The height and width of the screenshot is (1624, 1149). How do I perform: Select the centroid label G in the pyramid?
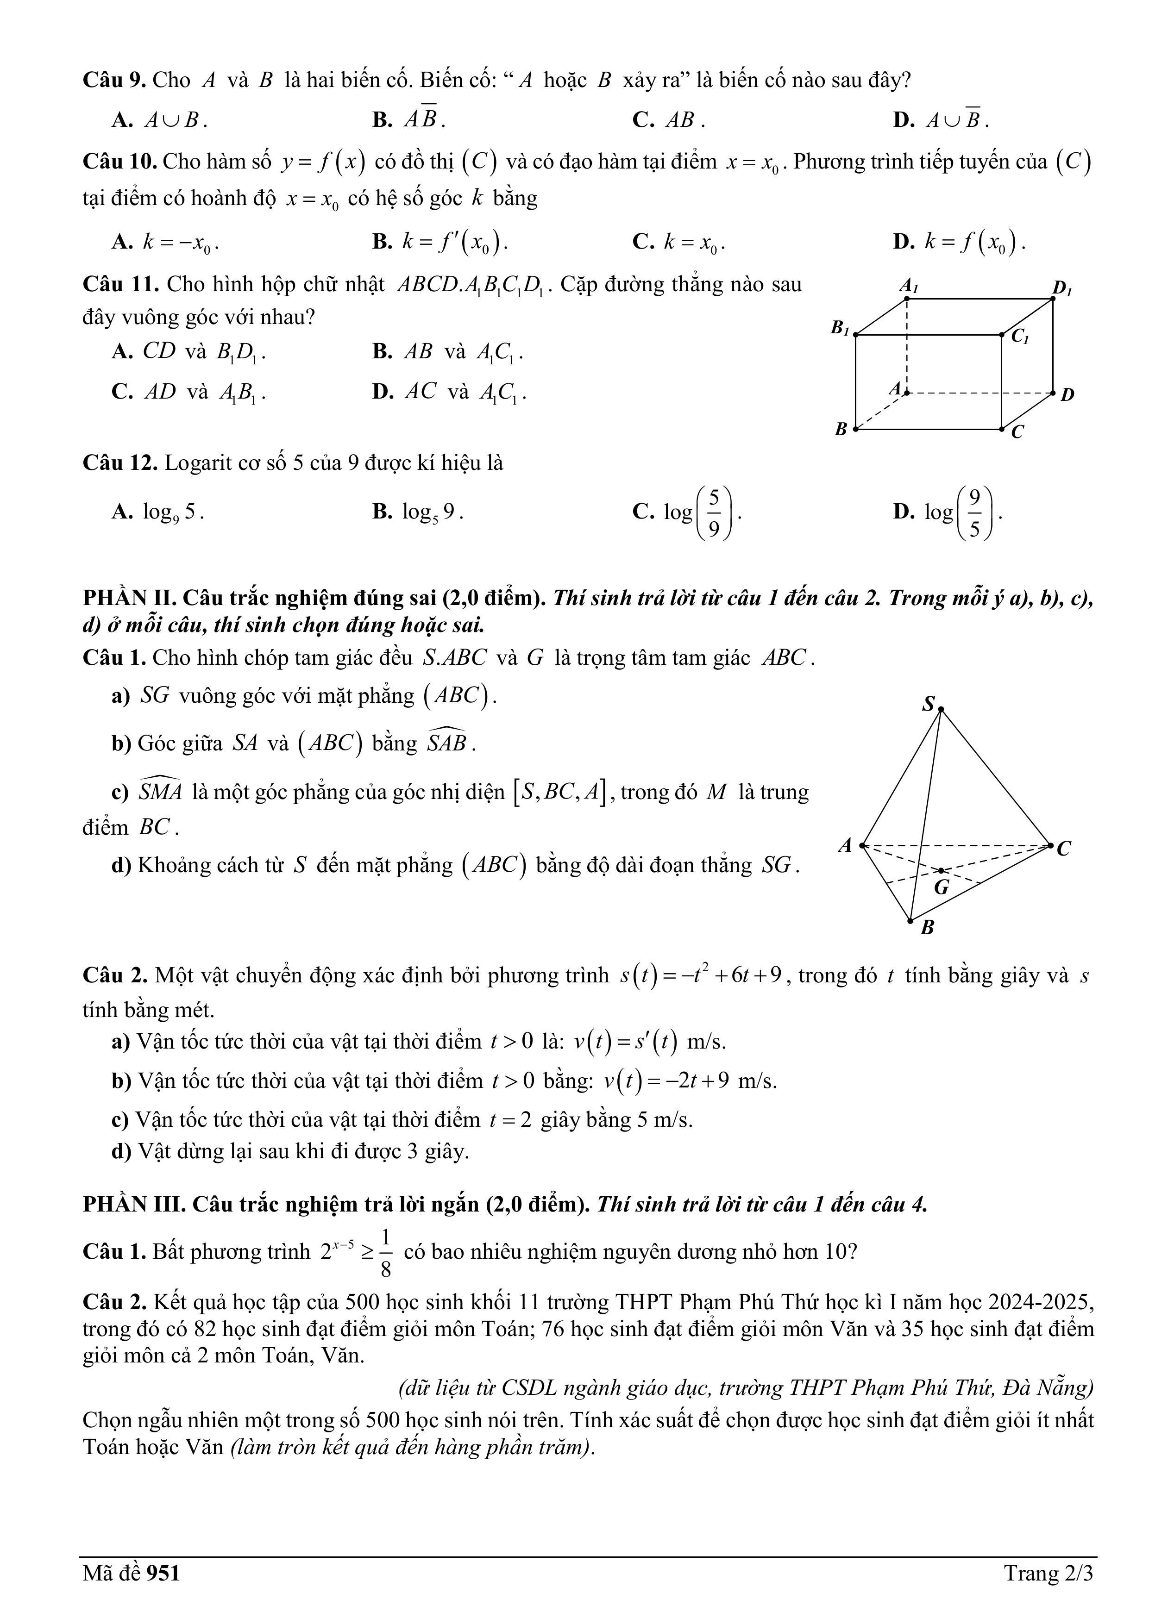click(x=942, y=887)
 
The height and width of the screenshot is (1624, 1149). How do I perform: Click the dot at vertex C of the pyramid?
click(x=1051, y=844)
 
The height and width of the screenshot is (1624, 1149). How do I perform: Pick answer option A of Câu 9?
click(x=159, y=120)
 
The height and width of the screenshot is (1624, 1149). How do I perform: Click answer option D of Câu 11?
click(x=449, y=392)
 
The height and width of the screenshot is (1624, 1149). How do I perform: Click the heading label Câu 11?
click(x=120, y=284)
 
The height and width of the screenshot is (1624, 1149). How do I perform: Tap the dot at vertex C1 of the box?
click(x=1002, y=335)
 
